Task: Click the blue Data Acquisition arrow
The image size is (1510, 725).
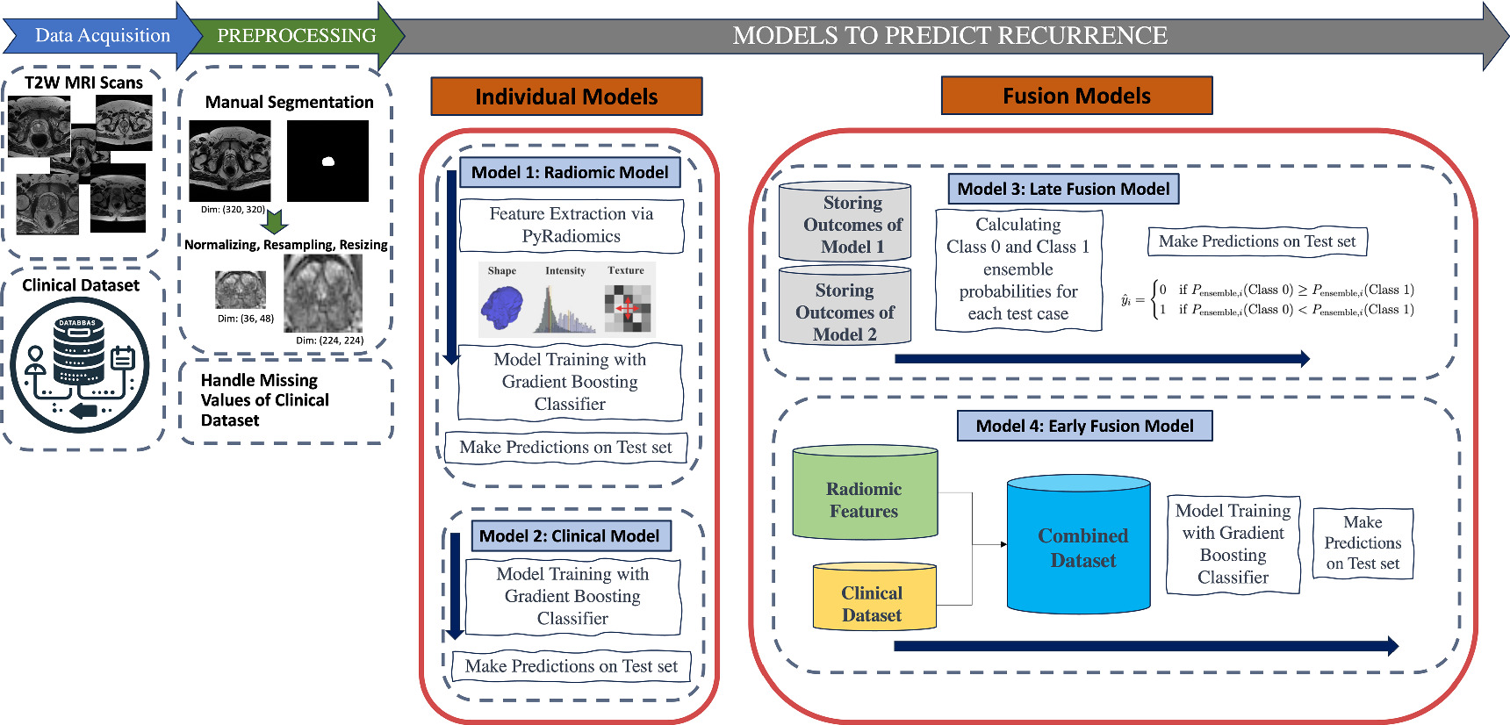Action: pyautogui.click(x=102, y=36)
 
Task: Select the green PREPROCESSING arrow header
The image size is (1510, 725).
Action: pyautogui.click(x=296, y=36)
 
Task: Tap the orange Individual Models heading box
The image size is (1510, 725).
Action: pyautogui.click(x=566, y=97)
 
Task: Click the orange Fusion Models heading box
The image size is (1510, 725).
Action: pyautogui.click(x=1076, y=96)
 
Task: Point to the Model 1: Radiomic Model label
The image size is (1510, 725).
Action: pyautogui.click(x=570, y=172)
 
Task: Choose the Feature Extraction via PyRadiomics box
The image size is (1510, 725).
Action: pyautogui.click(x=571, y=225)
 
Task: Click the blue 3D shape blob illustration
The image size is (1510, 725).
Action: pyautogui.click(x=502, y=308)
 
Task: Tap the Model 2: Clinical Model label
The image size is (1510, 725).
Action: pyautogui.click(x=569, y=535)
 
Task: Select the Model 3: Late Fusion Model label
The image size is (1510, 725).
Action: pyautogui.click(x=1063, y=189)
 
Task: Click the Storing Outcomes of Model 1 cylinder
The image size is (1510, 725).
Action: pyautogui.click(x=845, y=225)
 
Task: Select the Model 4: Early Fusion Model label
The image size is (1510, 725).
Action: pyautogui.click(x=1084, y=426)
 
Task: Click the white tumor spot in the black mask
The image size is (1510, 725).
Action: pyautogui.click(x=328, y=161)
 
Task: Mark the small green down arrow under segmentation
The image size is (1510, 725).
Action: pyautogui.click(x=275, y=221)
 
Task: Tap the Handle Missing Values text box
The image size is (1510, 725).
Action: pyautogui.click(x=286, y=400)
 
